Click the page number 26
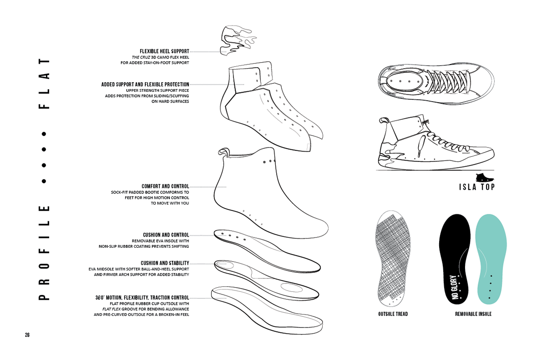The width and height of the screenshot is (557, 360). [27, 335]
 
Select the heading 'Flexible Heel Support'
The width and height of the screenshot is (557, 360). [164, 51]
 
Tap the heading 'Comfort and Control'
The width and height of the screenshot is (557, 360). [165, 186]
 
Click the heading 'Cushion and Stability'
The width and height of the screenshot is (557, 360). [165, 264]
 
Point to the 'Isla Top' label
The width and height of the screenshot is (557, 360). [476, 187]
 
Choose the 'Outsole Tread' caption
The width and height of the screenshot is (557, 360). [393, 314]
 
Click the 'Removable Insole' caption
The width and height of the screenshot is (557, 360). [473, 314]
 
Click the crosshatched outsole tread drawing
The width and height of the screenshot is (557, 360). [392, 257]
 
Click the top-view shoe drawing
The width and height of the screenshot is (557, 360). [435, 82]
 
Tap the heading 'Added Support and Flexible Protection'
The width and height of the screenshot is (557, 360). [145, 84]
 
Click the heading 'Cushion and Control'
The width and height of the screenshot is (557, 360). [166, 235]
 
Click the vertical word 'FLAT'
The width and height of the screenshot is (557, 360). [44, 84]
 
